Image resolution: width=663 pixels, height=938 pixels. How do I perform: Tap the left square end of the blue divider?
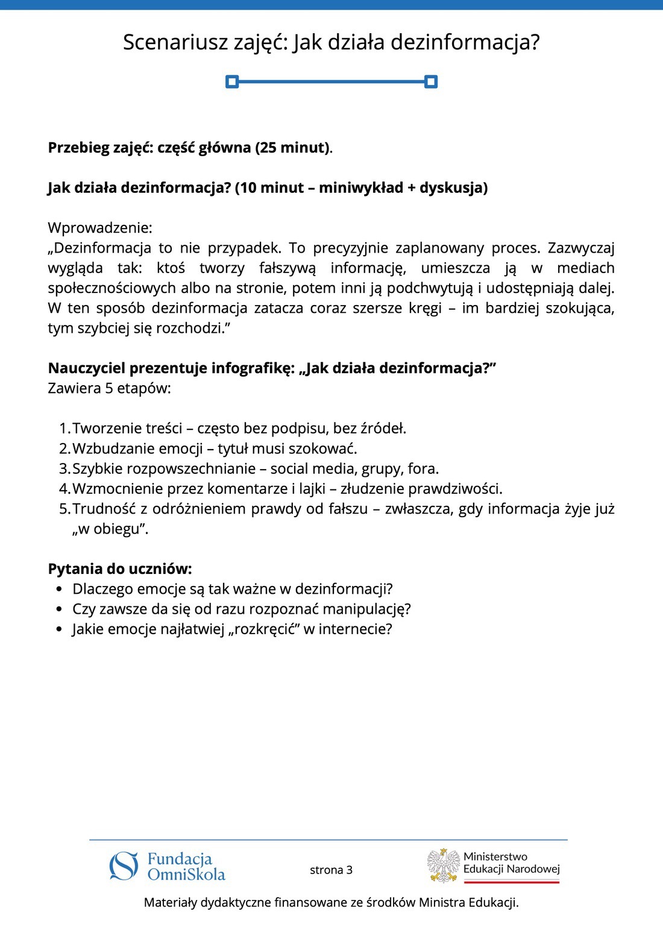232,81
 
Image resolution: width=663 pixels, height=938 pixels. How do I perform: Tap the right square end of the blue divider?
430,81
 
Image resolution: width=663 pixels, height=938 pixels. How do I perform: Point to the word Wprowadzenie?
100,228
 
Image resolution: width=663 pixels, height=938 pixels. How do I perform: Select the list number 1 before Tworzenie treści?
63,429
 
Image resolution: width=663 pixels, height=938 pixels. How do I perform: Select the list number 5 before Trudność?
63,509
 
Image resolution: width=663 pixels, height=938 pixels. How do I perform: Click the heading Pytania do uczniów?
120,569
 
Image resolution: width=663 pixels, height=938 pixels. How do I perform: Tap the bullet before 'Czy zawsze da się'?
58,609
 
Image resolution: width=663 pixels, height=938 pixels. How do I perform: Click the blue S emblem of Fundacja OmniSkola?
124,866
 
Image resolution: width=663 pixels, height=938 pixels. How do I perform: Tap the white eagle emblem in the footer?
444,866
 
